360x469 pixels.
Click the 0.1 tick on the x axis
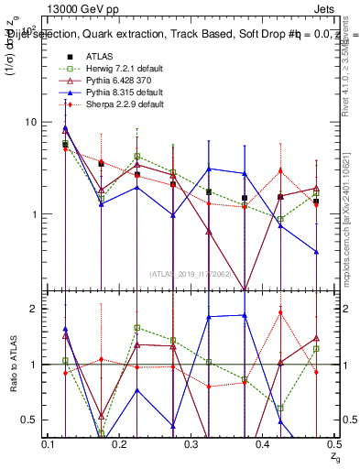[x=51, y=443]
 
